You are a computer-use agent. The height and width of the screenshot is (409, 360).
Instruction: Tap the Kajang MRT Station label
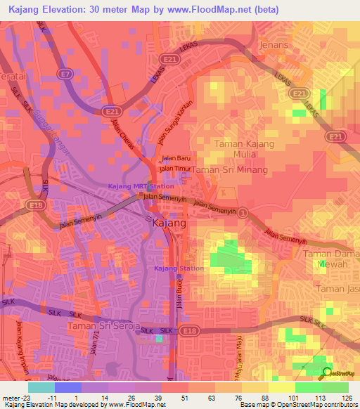[141, 186]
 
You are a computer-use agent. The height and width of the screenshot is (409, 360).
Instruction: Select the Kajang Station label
[179, 268]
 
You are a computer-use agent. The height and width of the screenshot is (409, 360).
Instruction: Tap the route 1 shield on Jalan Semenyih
[243, 212]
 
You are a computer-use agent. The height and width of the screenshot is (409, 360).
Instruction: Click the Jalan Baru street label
[176, 159]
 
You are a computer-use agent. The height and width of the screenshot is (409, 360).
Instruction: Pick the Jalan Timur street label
[175, 169]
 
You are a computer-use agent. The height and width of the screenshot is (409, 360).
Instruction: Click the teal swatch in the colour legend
[41, 387]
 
